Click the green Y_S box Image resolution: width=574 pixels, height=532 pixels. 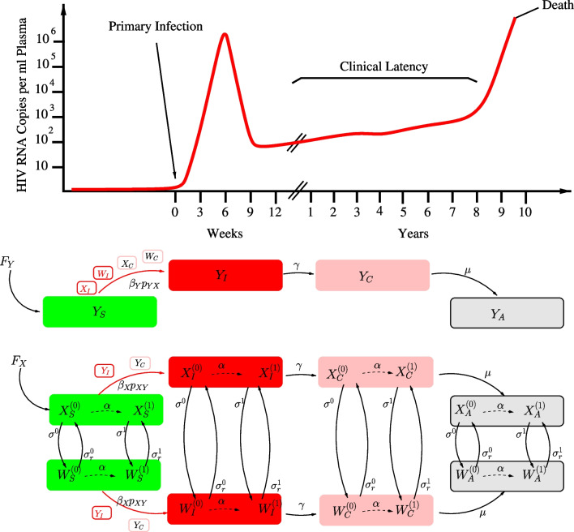[x=100, y=312]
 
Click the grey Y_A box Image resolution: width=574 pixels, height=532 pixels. [x=506, y=312]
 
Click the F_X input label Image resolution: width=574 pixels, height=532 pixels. [x=19, y=358]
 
